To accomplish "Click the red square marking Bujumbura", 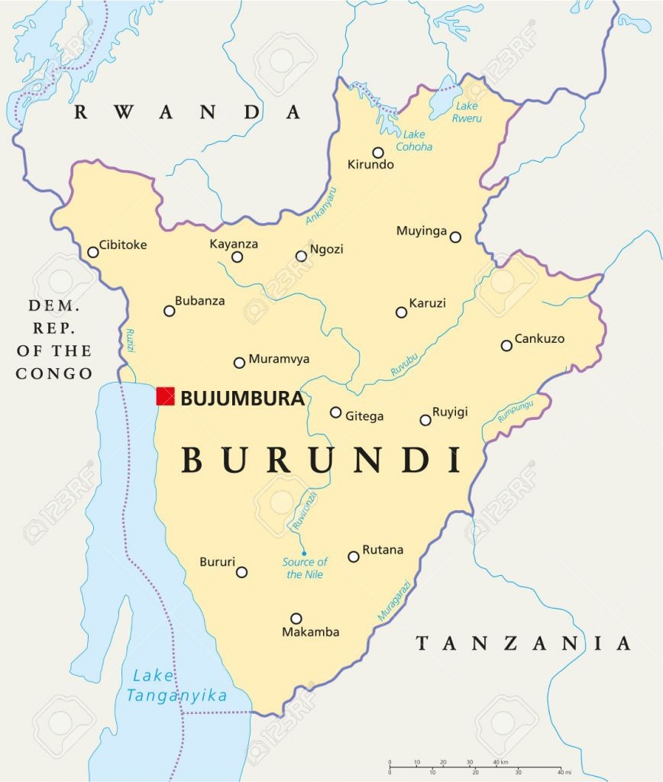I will coord(165,396).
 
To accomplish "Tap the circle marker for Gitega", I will coord(335,412).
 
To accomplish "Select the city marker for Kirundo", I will coord(378,153).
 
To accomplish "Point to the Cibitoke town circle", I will coord(93,252).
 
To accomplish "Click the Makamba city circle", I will coord(296,619).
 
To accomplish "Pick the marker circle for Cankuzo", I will coord(506,346).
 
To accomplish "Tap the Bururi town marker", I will coord(241,572).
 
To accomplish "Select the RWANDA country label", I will coord(187,112).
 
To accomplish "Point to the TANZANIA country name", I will coord(523,643).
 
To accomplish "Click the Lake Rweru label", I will coord(466,111).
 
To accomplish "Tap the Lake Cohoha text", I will coord(414,141).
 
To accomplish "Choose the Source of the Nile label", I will coord(305,568).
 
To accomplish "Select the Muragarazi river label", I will coord(394,601).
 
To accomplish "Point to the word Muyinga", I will coord(422,231).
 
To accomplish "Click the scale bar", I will coord(474,767).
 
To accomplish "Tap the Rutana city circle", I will coord(354,557).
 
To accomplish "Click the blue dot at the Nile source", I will coord(303,553).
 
